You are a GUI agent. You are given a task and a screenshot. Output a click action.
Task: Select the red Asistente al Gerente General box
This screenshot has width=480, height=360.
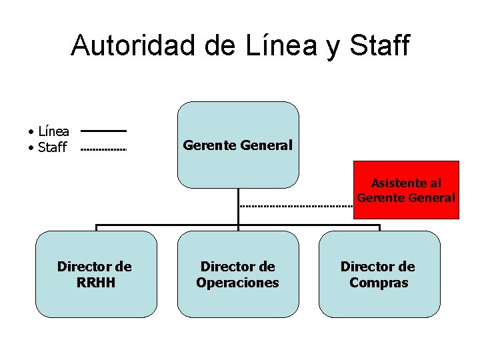[406, 190]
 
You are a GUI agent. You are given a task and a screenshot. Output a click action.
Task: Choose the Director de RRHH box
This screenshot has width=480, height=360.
[96, 274]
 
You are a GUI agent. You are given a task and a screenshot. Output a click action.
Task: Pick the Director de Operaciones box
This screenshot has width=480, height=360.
[238, 274]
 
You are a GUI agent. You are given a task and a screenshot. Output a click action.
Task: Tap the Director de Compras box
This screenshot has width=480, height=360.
[379, 274]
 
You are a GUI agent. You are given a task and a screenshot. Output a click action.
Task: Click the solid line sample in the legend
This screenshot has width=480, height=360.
[103, 131]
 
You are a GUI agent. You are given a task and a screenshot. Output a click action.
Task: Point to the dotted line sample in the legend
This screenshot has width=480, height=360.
[103, 150]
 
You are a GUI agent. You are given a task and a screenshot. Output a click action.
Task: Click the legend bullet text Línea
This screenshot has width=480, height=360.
[53, 132]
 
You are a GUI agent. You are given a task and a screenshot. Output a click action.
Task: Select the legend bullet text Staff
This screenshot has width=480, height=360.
[52, 148]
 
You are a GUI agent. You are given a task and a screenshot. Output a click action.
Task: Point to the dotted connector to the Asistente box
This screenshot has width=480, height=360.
[296, 207]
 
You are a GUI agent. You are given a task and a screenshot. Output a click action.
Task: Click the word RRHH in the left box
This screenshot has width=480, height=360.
[96, 283]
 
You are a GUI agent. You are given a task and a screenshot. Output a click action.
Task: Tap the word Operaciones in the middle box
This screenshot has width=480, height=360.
[238, 283]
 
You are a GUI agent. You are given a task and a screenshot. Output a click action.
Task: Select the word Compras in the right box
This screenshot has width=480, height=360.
[379, 283]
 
